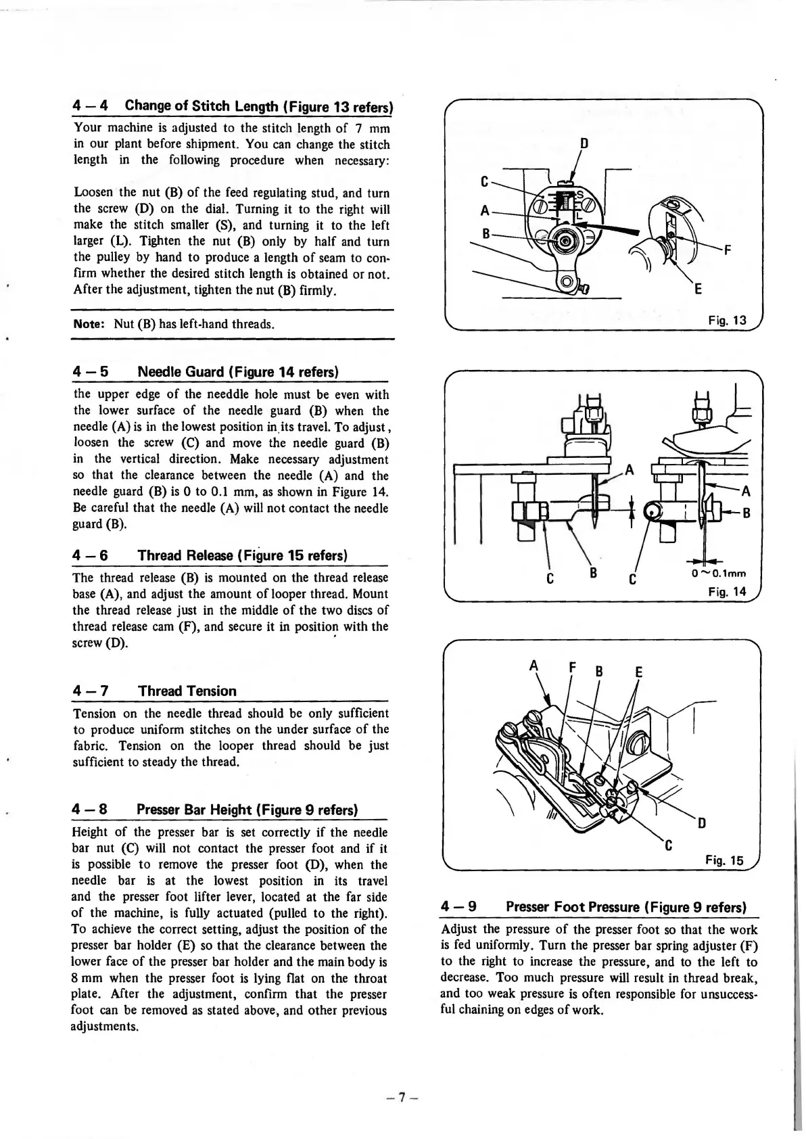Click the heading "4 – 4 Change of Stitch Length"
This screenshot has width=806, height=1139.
233,106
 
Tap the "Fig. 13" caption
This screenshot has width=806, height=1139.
727,321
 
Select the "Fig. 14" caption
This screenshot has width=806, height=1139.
727,592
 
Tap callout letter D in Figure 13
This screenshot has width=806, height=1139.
584,144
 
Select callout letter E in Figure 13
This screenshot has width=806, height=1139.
698,289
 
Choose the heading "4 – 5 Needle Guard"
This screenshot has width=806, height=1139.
206,372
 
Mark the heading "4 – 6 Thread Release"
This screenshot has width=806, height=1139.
210,555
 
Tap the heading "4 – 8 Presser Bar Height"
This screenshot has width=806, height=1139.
214,810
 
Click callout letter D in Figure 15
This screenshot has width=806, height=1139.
702,823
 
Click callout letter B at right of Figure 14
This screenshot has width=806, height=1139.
747,513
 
